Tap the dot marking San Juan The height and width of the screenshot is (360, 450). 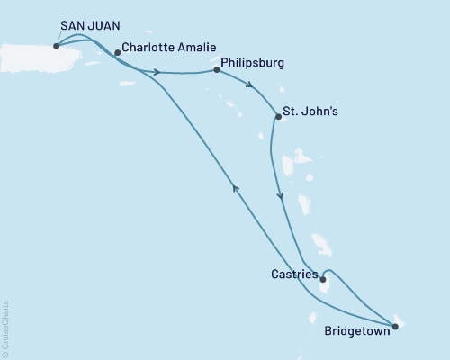(57, 46)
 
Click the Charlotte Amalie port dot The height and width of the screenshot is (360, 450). (117, 53)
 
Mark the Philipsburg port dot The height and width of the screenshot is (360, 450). (217, 69)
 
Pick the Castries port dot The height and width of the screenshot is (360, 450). (323, 279)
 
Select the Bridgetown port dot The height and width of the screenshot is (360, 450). (395, 326)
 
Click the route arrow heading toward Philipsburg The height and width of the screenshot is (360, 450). (158, 72)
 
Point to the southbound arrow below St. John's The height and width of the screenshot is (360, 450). (281, 196)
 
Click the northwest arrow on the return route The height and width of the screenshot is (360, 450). (236, 186)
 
